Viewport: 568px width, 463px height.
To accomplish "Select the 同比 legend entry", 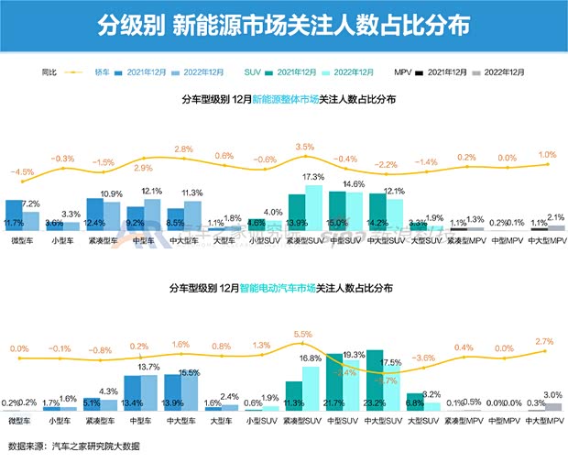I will click(49, 71).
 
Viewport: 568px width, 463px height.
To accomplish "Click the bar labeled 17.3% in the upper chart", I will click(314, 208).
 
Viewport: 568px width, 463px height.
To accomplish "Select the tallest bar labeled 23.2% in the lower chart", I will click(374, 380).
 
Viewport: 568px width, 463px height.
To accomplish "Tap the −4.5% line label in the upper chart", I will click(22, 171).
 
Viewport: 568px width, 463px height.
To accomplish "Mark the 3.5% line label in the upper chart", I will click(305, 147).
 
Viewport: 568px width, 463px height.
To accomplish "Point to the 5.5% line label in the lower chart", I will click(303, 334).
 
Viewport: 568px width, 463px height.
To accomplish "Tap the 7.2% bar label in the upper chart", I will click(30, 204).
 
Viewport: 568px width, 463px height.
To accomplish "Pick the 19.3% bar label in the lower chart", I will click(353, 354).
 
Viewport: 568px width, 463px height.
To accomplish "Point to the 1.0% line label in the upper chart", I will click(548, 154).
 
